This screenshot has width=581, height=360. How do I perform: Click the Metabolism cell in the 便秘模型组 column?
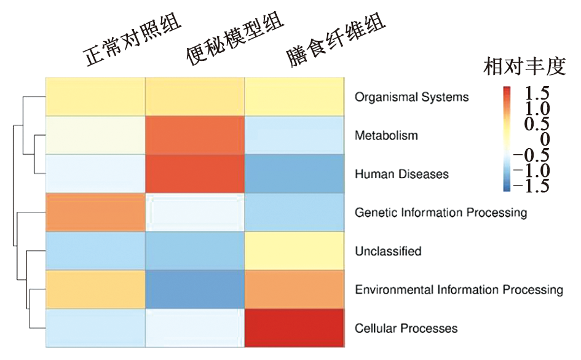(x=195, y=135)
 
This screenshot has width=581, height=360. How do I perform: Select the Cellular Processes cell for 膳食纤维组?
(x=294, y=328)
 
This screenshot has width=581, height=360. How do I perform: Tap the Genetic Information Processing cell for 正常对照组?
(x=95, y=212)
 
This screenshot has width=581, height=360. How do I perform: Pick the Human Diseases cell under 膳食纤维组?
(x=294, y=174)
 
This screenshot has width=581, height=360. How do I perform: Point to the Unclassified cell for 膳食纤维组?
(x=294, y=251)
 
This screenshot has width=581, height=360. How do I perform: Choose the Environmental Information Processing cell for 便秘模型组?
(x=195, y=289)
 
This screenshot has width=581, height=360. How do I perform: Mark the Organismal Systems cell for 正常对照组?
(x=95, y=96)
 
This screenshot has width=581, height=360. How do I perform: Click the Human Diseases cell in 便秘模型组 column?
(x=195, y=174)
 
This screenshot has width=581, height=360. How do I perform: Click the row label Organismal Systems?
(x=412, y=98)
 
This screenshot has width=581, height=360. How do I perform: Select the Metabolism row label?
(x=386, y=136)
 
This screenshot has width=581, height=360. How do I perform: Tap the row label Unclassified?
(x=388, y=251)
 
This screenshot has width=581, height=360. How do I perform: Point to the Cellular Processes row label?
(x=406, y=328)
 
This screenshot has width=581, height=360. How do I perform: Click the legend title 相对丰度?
(x=524, y=67)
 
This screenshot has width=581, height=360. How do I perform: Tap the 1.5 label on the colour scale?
(x=537, y=93)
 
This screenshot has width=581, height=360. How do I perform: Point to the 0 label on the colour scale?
(x=545, y=139)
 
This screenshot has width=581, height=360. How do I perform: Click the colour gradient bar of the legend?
(x=507, y=139)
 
